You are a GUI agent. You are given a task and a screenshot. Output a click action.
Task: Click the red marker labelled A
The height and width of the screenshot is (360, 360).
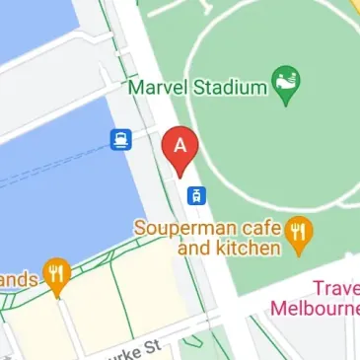coord(180,148)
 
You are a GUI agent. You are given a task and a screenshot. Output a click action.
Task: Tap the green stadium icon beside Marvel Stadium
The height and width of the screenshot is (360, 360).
coord(287,86)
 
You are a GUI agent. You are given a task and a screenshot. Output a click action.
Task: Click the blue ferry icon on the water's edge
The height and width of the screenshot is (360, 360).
coord(120,139)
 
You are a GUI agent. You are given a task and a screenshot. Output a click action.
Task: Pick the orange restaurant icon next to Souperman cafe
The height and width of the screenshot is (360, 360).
coord(300,233)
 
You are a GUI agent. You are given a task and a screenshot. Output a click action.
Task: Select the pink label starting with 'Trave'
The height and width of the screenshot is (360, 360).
coord(335,288)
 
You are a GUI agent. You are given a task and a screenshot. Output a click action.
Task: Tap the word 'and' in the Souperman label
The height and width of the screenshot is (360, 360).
coord(194,249)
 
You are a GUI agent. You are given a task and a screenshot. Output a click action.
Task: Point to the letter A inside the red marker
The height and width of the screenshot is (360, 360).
coord(180,144)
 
